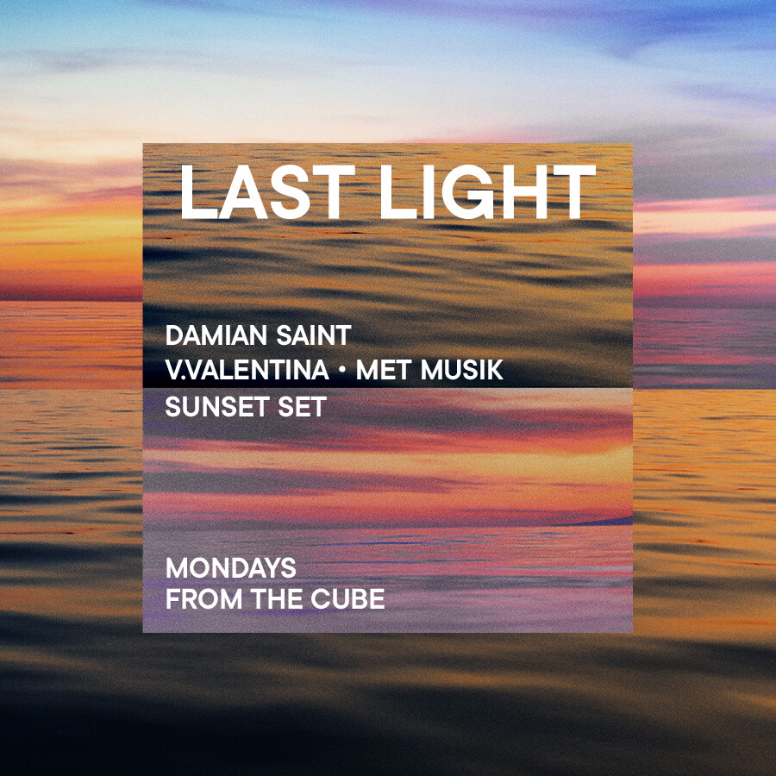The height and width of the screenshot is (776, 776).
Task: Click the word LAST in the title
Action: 268,191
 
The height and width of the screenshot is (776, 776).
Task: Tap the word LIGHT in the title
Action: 487,191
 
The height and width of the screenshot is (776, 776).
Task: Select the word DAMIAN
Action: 216,335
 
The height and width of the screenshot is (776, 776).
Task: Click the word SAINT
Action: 314,335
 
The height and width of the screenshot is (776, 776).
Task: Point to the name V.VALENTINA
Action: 247,370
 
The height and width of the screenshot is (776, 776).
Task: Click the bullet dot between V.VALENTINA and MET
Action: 342,370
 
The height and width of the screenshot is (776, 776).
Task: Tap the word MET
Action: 384,370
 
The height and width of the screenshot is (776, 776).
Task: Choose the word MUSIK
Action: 462,370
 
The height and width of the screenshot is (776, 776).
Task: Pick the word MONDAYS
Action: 230,567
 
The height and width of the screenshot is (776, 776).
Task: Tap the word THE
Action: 277,599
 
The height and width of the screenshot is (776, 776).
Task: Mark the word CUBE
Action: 348,599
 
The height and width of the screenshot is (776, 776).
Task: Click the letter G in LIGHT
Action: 467,191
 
